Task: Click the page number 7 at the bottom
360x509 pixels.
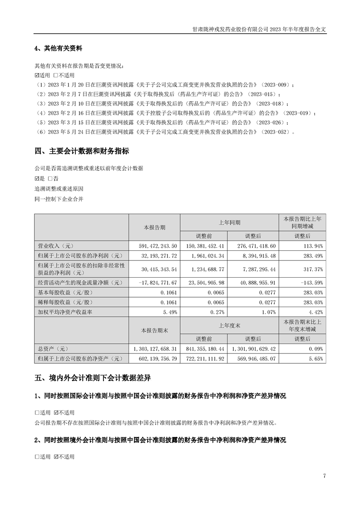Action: [x=325, y=476]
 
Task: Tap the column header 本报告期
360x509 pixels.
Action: [x=154, y=227]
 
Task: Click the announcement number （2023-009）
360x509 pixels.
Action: [x=277, y=85]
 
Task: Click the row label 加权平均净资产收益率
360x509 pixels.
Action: [x=64, y=312]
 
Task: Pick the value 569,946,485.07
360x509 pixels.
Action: [x=253, y=358]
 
